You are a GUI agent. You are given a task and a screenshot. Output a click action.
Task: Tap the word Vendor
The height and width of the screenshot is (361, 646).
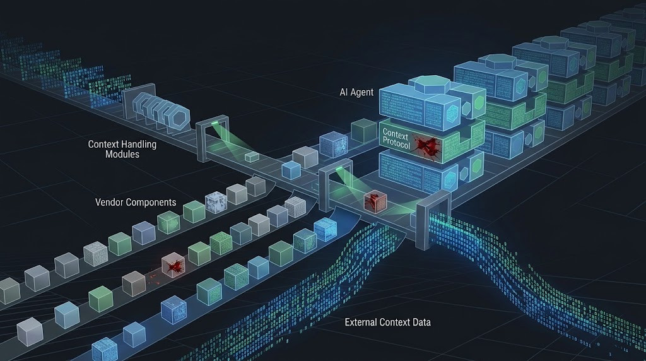click(109, 203)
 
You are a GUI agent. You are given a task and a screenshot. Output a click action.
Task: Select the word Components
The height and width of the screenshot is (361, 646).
click(151, 203)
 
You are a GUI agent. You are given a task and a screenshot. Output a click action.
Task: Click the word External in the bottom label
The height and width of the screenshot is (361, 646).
click(360, 323)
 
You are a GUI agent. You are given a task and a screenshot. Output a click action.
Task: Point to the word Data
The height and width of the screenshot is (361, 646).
click(421, 323)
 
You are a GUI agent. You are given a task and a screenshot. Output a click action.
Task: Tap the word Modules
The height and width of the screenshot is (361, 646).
click(122, 155)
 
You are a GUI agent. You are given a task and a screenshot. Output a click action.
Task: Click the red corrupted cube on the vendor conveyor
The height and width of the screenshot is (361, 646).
click(173, 265)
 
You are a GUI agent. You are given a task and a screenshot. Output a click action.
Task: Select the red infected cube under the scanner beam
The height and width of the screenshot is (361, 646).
click(375, 202)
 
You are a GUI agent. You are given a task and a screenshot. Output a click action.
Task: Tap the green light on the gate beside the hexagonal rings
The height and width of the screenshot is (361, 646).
click(215, 123)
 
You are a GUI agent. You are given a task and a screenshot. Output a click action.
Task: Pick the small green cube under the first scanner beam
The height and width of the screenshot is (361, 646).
click(252, 157)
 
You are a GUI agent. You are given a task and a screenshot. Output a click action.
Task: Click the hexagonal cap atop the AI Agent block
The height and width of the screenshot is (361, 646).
click(428, 85)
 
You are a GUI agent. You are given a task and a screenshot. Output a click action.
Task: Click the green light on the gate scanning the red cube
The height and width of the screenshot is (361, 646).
click(339, 169)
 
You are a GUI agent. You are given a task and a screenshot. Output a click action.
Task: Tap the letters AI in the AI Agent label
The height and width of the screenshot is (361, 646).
click(344, 92)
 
